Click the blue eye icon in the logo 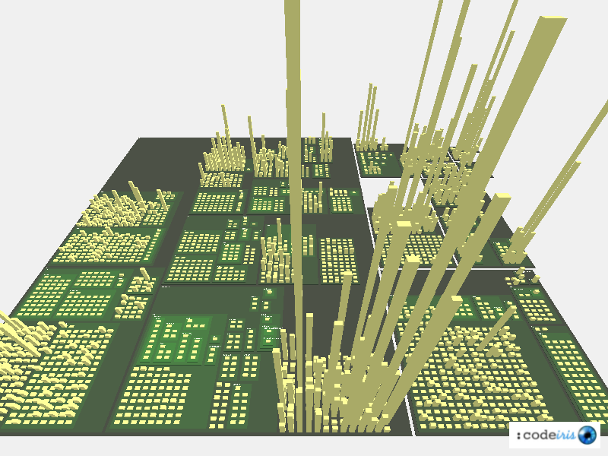pyautogui.click(x=587, y=435)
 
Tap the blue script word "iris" pyautogui.click(x=566, y=435)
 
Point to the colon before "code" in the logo pyautogui.click(x=519, y=436)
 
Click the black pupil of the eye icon pyautogui.click(x=587, y=435)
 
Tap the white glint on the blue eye pyautogui.click(x=584, y=432)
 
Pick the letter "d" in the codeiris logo pyautogui.click(x=544, y=435)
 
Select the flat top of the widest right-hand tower pyautogui.click(x=554, y=18)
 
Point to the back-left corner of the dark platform pyautogui.click(x=140, y=138)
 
